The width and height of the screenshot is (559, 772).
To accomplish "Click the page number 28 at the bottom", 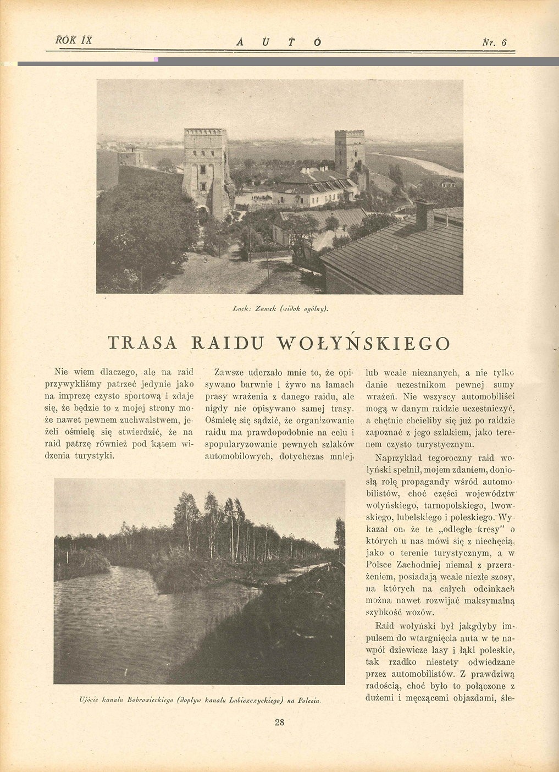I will (x=279, y=723).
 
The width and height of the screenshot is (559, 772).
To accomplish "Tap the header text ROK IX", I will (x=74, y=40).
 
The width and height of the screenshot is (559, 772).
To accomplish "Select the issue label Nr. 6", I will (x=494, y=42).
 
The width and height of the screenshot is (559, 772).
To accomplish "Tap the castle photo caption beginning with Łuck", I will (x=280, y=310).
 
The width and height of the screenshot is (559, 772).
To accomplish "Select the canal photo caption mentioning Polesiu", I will (x=200, y=701).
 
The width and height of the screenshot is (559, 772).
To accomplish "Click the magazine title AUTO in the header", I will (x=279, y=42).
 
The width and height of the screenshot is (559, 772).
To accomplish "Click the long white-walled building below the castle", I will (x=313, y=192).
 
